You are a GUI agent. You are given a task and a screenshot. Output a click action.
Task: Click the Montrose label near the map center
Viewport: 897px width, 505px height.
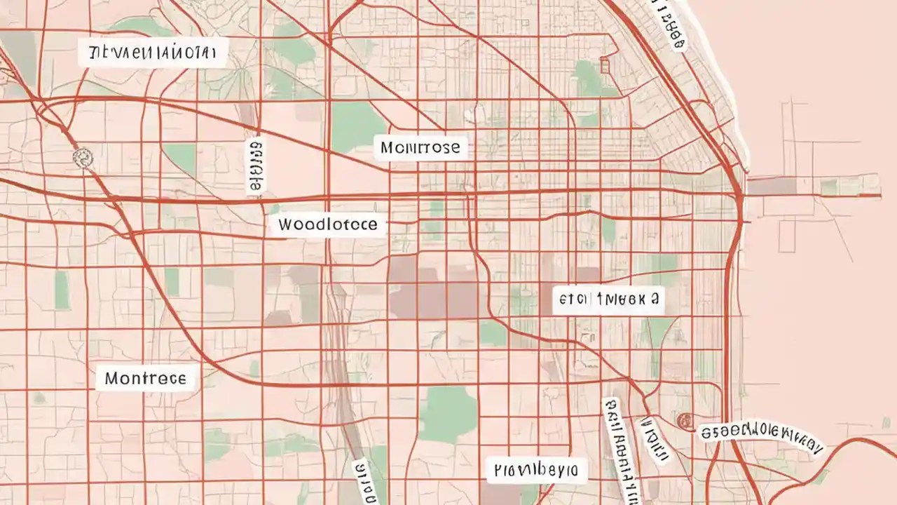(421, 147)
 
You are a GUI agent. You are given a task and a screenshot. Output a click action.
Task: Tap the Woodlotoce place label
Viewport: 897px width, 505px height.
(327, 225)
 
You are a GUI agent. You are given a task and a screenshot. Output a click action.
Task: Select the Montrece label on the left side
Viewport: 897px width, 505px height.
(146, 379)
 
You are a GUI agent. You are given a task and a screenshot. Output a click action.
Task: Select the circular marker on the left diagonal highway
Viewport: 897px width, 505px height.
(83, 157)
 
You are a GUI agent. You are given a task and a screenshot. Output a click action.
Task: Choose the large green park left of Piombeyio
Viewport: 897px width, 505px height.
(447, 414)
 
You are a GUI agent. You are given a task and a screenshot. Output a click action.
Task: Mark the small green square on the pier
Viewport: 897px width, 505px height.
(829, 187)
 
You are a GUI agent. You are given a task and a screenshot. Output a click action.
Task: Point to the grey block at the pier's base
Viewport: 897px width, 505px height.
(771, 186)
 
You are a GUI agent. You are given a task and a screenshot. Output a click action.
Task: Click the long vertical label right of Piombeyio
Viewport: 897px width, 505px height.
(621, 449)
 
